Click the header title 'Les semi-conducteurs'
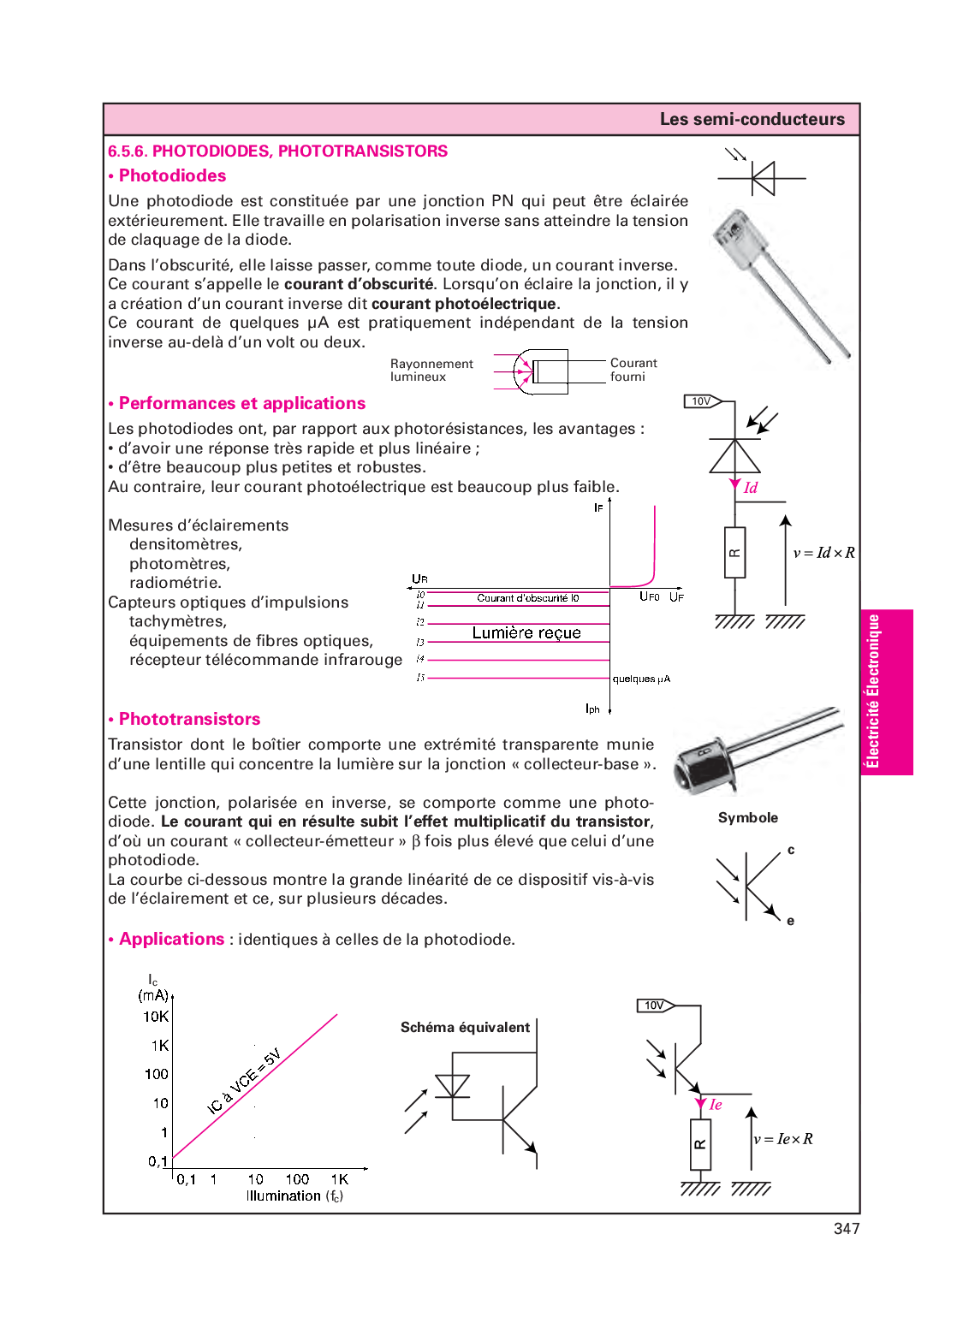752,119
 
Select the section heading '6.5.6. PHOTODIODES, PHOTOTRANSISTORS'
277,151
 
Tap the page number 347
846,1229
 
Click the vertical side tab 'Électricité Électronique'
874,691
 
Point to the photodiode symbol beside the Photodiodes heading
761,178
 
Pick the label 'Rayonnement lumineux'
431,370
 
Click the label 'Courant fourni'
633,370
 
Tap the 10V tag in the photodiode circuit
702,401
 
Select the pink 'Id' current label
751,488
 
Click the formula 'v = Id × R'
823,553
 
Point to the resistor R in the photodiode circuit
734,553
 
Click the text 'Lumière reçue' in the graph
526,632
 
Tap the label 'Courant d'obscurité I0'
527,598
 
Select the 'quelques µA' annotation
641,679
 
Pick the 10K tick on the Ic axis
156,1017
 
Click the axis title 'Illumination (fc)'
294,1195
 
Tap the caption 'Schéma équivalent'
465,1027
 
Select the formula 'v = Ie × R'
783,1139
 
